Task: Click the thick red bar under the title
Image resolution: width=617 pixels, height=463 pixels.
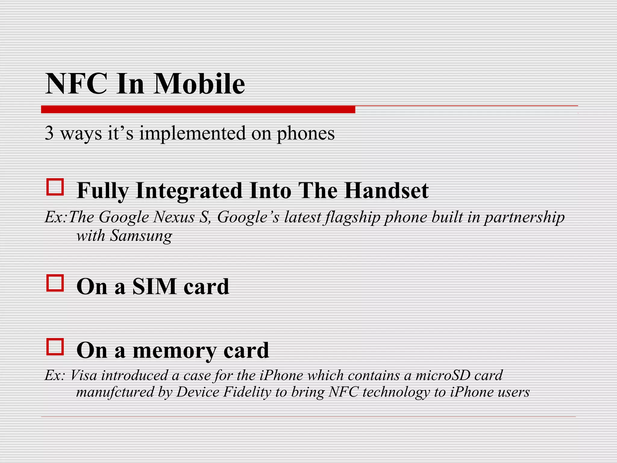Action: (198, 109)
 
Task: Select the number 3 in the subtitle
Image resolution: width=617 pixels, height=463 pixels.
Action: (49, 133)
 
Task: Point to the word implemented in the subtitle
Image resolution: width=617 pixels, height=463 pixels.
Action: (192, 134)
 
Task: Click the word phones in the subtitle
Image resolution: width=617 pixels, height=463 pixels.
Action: (305, 134)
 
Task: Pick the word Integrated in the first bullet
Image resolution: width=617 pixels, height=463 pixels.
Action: (189, 191)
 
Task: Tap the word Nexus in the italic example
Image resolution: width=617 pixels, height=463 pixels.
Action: (174, 217)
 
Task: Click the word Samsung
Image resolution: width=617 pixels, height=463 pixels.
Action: (141, 235)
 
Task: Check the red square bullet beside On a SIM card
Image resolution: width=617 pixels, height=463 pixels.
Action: (55, 283)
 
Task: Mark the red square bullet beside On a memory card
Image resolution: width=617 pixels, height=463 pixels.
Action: (55, 347)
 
